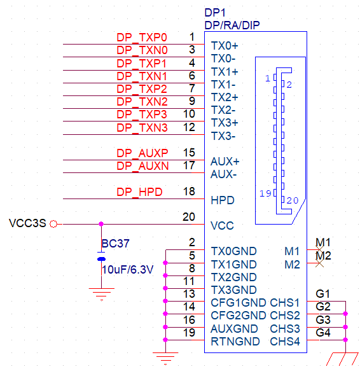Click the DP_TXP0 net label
click(x=142, y=38)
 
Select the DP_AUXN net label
click(x=142, y=165)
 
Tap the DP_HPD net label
click(x=139, y=191)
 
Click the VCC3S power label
click(x=27, y=223)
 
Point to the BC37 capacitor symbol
click(x=101, y=256)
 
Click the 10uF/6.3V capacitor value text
click(x=128, y=270)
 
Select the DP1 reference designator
click(x=215, y=13)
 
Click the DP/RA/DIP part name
click(x=232, y=25)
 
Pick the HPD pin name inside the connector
click(x=223, y=200)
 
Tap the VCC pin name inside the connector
click(x=222, y=226)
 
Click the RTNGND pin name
click(x=235, y=342)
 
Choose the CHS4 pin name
click(x=285, y=342)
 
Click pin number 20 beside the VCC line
click(x=189, y=217)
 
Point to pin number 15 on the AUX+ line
click(x=189, y=153)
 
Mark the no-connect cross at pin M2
click(x=319, y=263)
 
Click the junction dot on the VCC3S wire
click(x=101, y=224)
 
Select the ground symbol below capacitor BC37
click(x=101, y=294)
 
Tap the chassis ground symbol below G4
click(x=343, y=359)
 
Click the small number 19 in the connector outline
click(x=265, y=193)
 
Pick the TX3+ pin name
click(x=225, y=123)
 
